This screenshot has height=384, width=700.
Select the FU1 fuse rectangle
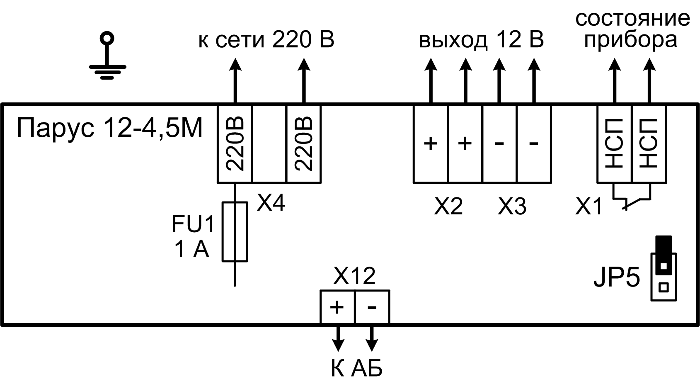point(235,232)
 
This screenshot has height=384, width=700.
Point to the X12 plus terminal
point(337,307)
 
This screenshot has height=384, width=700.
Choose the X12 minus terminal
point(372,307)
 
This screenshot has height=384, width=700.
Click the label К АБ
point(356,368)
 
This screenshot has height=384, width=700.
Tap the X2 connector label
point(448,206)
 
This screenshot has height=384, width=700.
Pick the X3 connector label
point(512,206)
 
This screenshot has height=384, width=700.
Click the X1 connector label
point(589,206)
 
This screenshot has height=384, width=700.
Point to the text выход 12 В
point(481,40)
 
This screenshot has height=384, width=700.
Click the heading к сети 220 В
point(266,40)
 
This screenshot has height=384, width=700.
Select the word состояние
point(632,19)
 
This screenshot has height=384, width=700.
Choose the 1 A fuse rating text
point(191,250)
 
